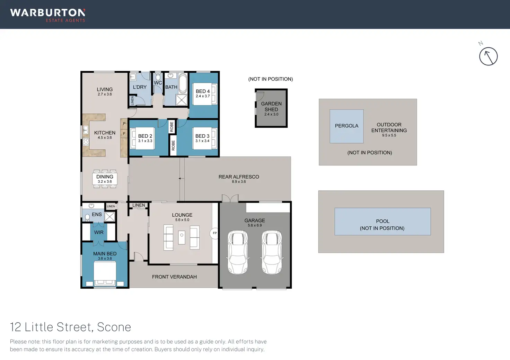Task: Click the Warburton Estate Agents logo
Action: (48, 15)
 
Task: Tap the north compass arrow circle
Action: (488, 56)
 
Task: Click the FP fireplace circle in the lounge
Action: (214, 233)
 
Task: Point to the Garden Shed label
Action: (271, 107)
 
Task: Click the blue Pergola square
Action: (346, 126)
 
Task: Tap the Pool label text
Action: (382, 221)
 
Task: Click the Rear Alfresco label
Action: (239, 177)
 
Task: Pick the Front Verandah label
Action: (174, 277)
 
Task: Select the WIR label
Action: (99, 233)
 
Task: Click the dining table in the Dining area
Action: (105, 179)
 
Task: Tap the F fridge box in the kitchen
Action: (124, 133)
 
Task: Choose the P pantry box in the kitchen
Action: (124, 124)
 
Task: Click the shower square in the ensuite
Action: (110, 217)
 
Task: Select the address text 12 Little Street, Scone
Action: (71, 327)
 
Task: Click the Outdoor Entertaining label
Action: (389, 127)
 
